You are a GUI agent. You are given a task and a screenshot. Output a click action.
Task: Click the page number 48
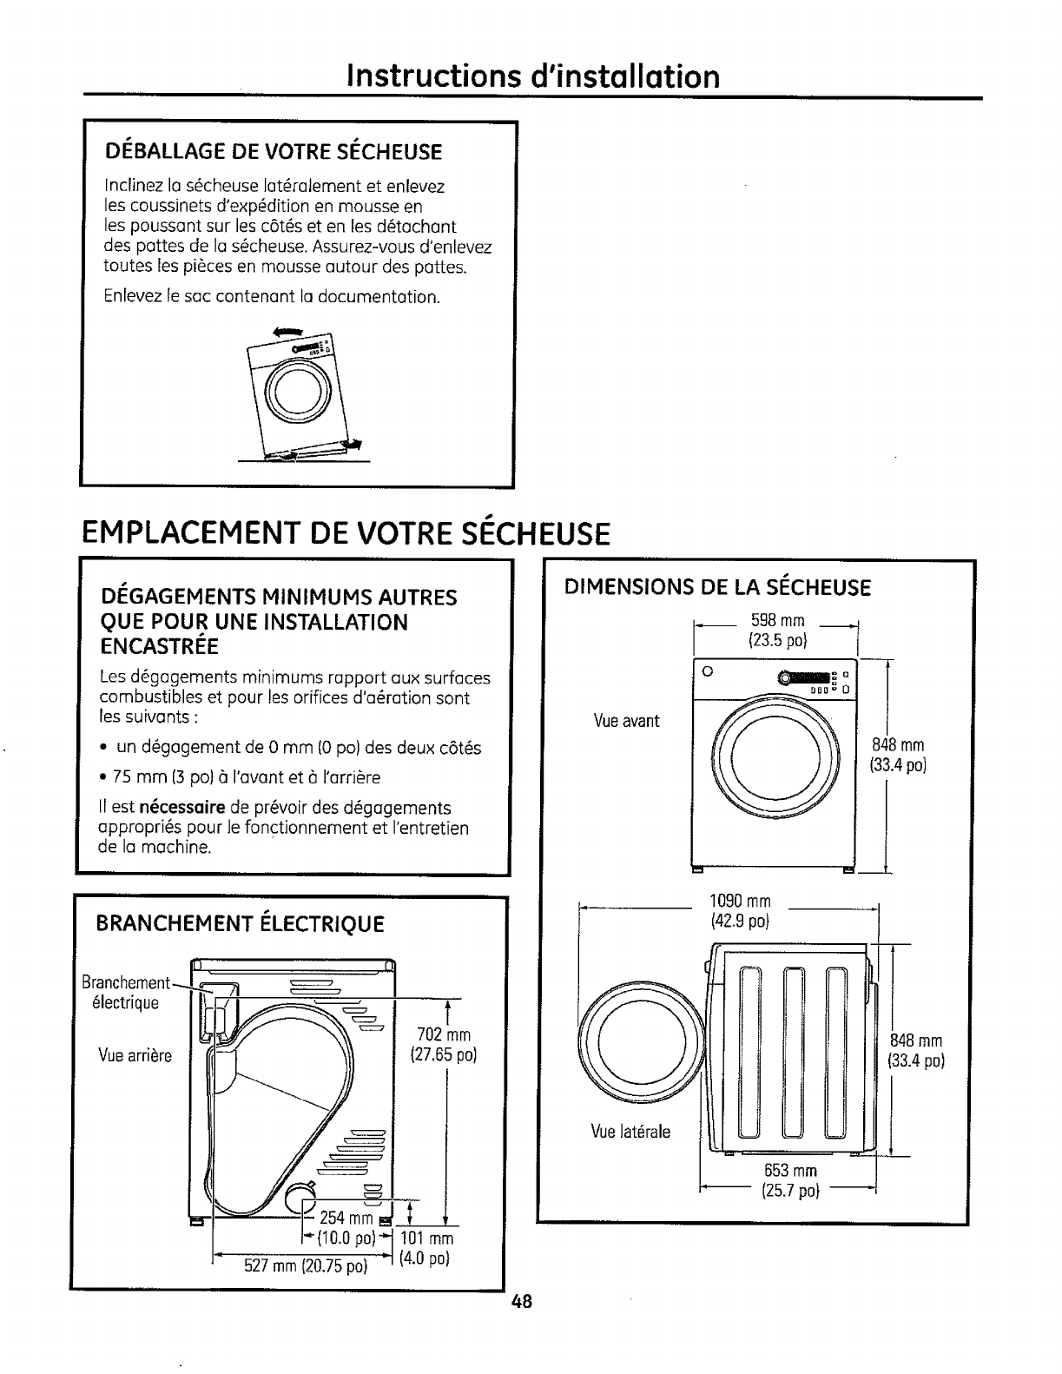521,1302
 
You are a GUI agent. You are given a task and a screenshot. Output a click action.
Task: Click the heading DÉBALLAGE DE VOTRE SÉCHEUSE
274,153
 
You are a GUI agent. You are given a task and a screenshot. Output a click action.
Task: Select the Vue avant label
626,721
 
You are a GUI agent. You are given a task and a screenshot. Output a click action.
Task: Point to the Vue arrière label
135,1056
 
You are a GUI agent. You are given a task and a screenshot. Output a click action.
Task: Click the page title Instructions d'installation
533,76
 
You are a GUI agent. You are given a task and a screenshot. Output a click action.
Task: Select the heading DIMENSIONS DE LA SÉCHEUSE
717,588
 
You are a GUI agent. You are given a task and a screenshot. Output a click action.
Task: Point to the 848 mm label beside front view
897,754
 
